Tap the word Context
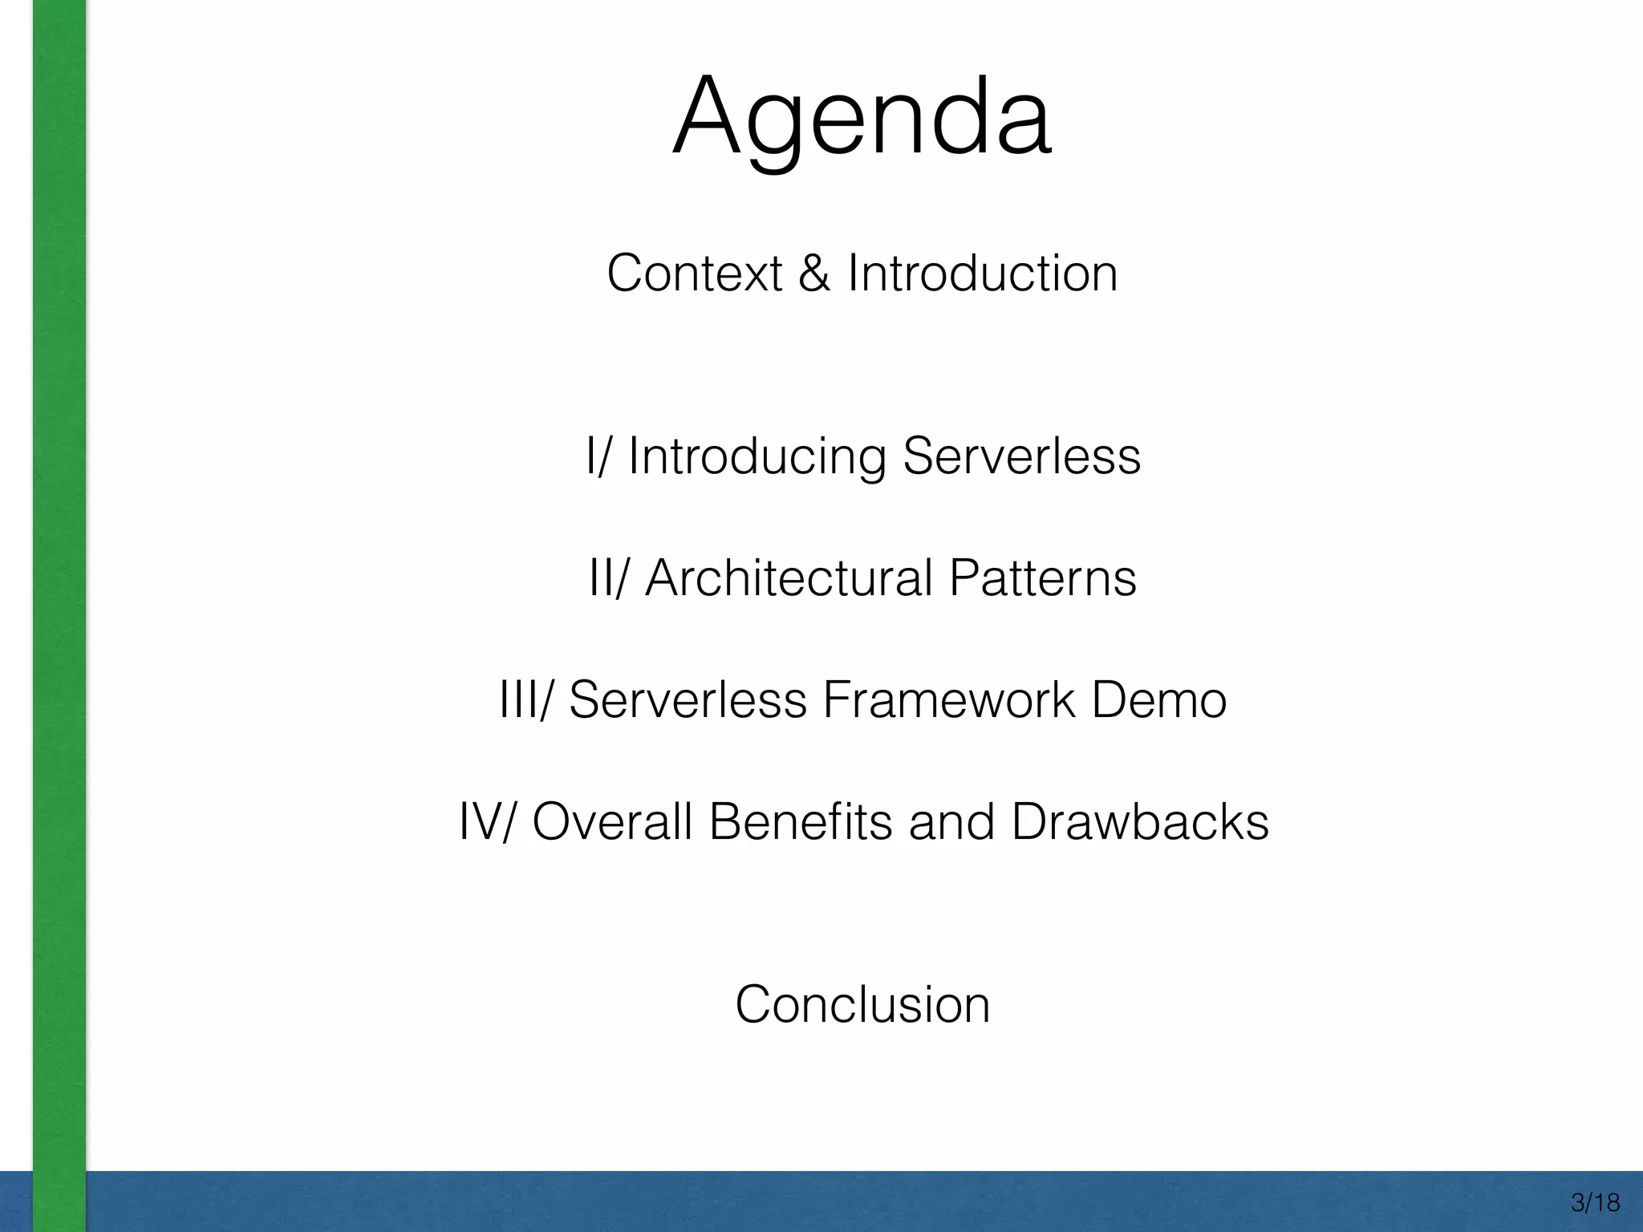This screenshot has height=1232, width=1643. tap(694, 274)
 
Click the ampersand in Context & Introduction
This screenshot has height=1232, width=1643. tap(814, 274)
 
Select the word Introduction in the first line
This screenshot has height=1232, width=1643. tap(982, 274)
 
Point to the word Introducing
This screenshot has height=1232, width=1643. tap(757, 457)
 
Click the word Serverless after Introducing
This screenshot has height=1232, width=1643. tap(1021, 456)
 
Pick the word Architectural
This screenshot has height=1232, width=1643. tap(789, 577)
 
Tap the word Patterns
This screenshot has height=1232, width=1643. tap(1042, 577)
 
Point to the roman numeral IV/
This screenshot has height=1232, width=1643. tap(488, 822)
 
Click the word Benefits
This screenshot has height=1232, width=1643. tap(800, 822)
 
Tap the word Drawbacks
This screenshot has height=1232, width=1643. tap(1139, 822)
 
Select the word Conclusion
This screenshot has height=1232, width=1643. tap(862, 1004)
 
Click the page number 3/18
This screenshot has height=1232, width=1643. tap(1596, 1203)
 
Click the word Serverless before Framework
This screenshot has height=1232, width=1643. tap(688, 700)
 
